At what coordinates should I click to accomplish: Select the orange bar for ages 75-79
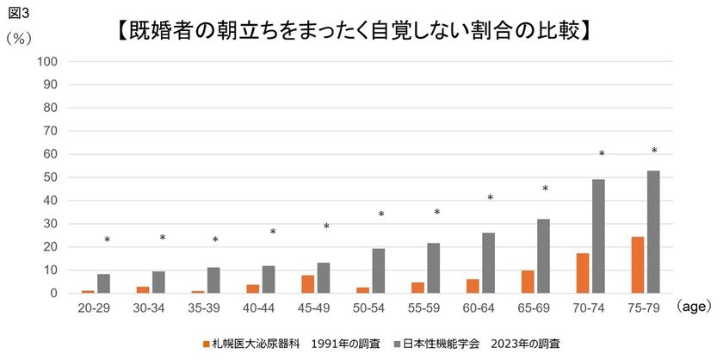point(637,264)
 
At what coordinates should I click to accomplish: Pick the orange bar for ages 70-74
point(582,273)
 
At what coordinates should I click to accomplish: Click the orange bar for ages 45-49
point(307,284)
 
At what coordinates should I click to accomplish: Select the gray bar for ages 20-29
point(103,283)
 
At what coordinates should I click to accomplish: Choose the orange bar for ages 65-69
point(527,282)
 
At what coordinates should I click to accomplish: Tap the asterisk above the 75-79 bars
point(654,152)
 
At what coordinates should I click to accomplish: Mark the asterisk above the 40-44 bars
point(273,233)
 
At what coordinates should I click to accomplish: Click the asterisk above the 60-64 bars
point(490,199)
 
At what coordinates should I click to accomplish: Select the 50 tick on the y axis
point(49,177)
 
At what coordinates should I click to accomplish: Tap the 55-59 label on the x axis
point(425,307)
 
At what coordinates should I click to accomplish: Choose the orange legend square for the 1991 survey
point(207,344)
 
